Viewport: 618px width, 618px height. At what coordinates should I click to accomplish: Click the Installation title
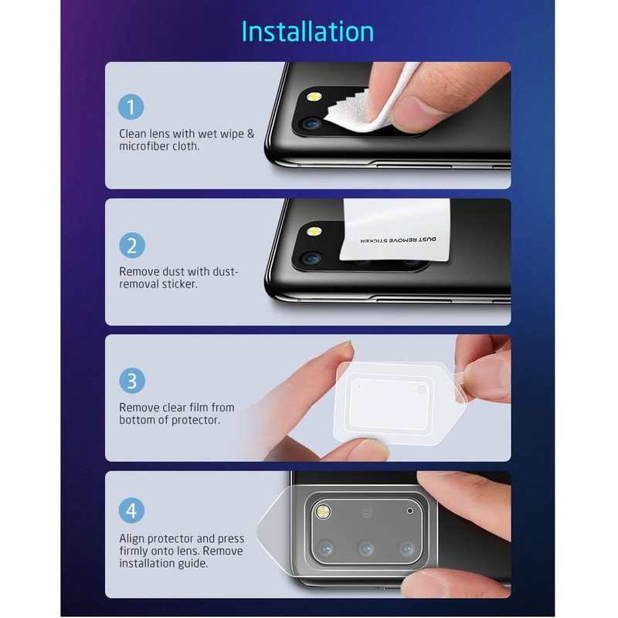click(307, 32)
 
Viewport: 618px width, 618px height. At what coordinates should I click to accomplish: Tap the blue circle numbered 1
click(131, 107)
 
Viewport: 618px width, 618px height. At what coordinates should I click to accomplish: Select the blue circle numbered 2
click(132, 245)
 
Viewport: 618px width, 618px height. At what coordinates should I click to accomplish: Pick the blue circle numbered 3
click(132, 381)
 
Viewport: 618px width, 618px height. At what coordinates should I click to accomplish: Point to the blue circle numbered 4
click(131, 511)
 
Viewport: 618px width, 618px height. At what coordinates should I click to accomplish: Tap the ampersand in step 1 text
click(250, 134)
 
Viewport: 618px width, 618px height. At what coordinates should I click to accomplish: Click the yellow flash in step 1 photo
click(314, 97)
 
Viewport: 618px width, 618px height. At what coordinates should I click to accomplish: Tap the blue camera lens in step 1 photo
click(312, 124)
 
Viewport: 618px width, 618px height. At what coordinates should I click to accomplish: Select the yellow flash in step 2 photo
click(314, 231)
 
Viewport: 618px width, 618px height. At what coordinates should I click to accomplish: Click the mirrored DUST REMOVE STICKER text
click(398, 240)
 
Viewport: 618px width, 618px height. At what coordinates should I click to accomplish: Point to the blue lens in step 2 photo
click(312, 259)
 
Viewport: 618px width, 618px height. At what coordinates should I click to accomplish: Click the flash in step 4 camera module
click(323, 511)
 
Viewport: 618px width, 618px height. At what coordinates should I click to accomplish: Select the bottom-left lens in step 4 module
click(325, 548)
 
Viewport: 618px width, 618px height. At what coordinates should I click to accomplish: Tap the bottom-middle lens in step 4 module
click(366, 548)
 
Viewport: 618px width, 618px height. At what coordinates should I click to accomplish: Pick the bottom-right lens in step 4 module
click(407, 548)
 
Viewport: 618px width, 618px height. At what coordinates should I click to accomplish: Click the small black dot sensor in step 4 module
click(410, 511)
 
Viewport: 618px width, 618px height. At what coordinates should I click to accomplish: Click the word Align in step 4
click(132, 538)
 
